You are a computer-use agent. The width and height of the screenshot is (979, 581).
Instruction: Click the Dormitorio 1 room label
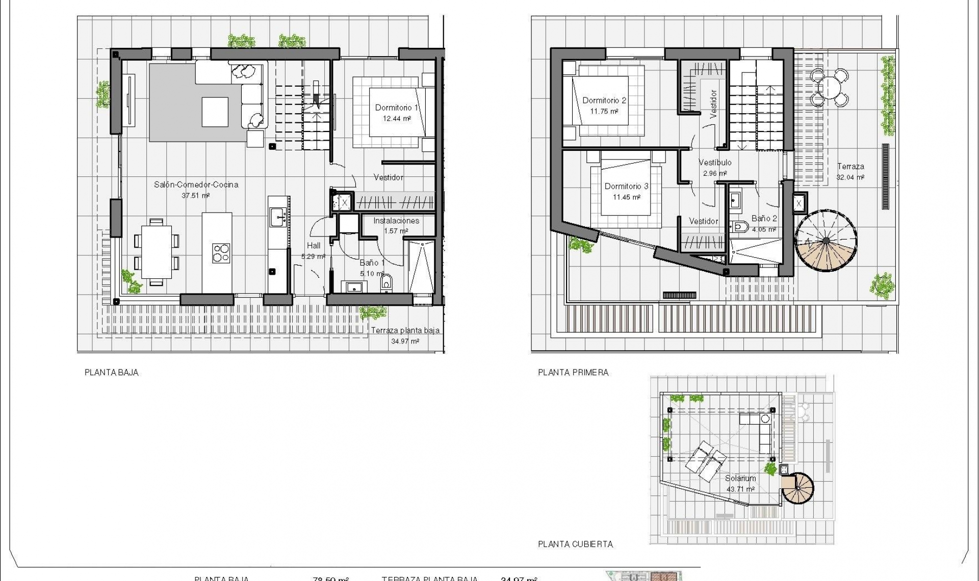[396, 108]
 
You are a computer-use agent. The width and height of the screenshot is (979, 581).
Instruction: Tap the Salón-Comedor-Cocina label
[196, 184]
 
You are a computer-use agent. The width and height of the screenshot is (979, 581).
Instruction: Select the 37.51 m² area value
[196, 196]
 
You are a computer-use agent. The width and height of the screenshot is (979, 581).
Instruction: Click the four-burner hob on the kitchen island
[221, 253]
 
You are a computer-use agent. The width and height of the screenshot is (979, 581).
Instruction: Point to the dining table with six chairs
[156, 252]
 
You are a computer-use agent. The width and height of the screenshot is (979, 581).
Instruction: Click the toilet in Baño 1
[387, 283]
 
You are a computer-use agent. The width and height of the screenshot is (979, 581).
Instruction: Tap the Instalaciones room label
[396, 221]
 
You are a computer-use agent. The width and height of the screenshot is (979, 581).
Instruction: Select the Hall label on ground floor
[314, 246]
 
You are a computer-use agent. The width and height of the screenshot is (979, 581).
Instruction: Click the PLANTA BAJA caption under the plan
[111, 373]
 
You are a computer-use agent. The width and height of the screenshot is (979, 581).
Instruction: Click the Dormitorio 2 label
[604, 100]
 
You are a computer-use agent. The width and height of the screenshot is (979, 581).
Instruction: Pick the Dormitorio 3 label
[626, 186]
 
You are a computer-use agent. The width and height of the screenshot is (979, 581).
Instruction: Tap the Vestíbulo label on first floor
[715, 163]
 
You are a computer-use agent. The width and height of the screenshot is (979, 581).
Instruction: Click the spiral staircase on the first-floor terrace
[826, 241]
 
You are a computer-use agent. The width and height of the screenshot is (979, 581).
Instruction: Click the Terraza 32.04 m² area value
[850, 177]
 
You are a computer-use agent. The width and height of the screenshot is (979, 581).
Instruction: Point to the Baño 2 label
[764, 219]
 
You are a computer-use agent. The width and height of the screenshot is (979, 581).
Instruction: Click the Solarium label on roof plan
[740, 479]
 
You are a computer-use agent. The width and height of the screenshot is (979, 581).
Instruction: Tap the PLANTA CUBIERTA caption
[575, 544]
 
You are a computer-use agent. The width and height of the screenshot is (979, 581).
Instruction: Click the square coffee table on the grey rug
[215, 112]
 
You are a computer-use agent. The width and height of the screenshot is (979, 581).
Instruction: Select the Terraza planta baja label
[405, 330]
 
